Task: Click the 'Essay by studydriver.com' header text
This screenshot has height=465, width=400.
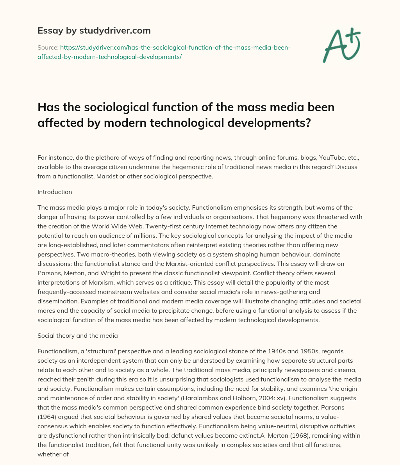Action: coord(94,30)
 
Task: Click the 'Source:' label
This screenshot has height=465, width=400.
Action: coord(47,48)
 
